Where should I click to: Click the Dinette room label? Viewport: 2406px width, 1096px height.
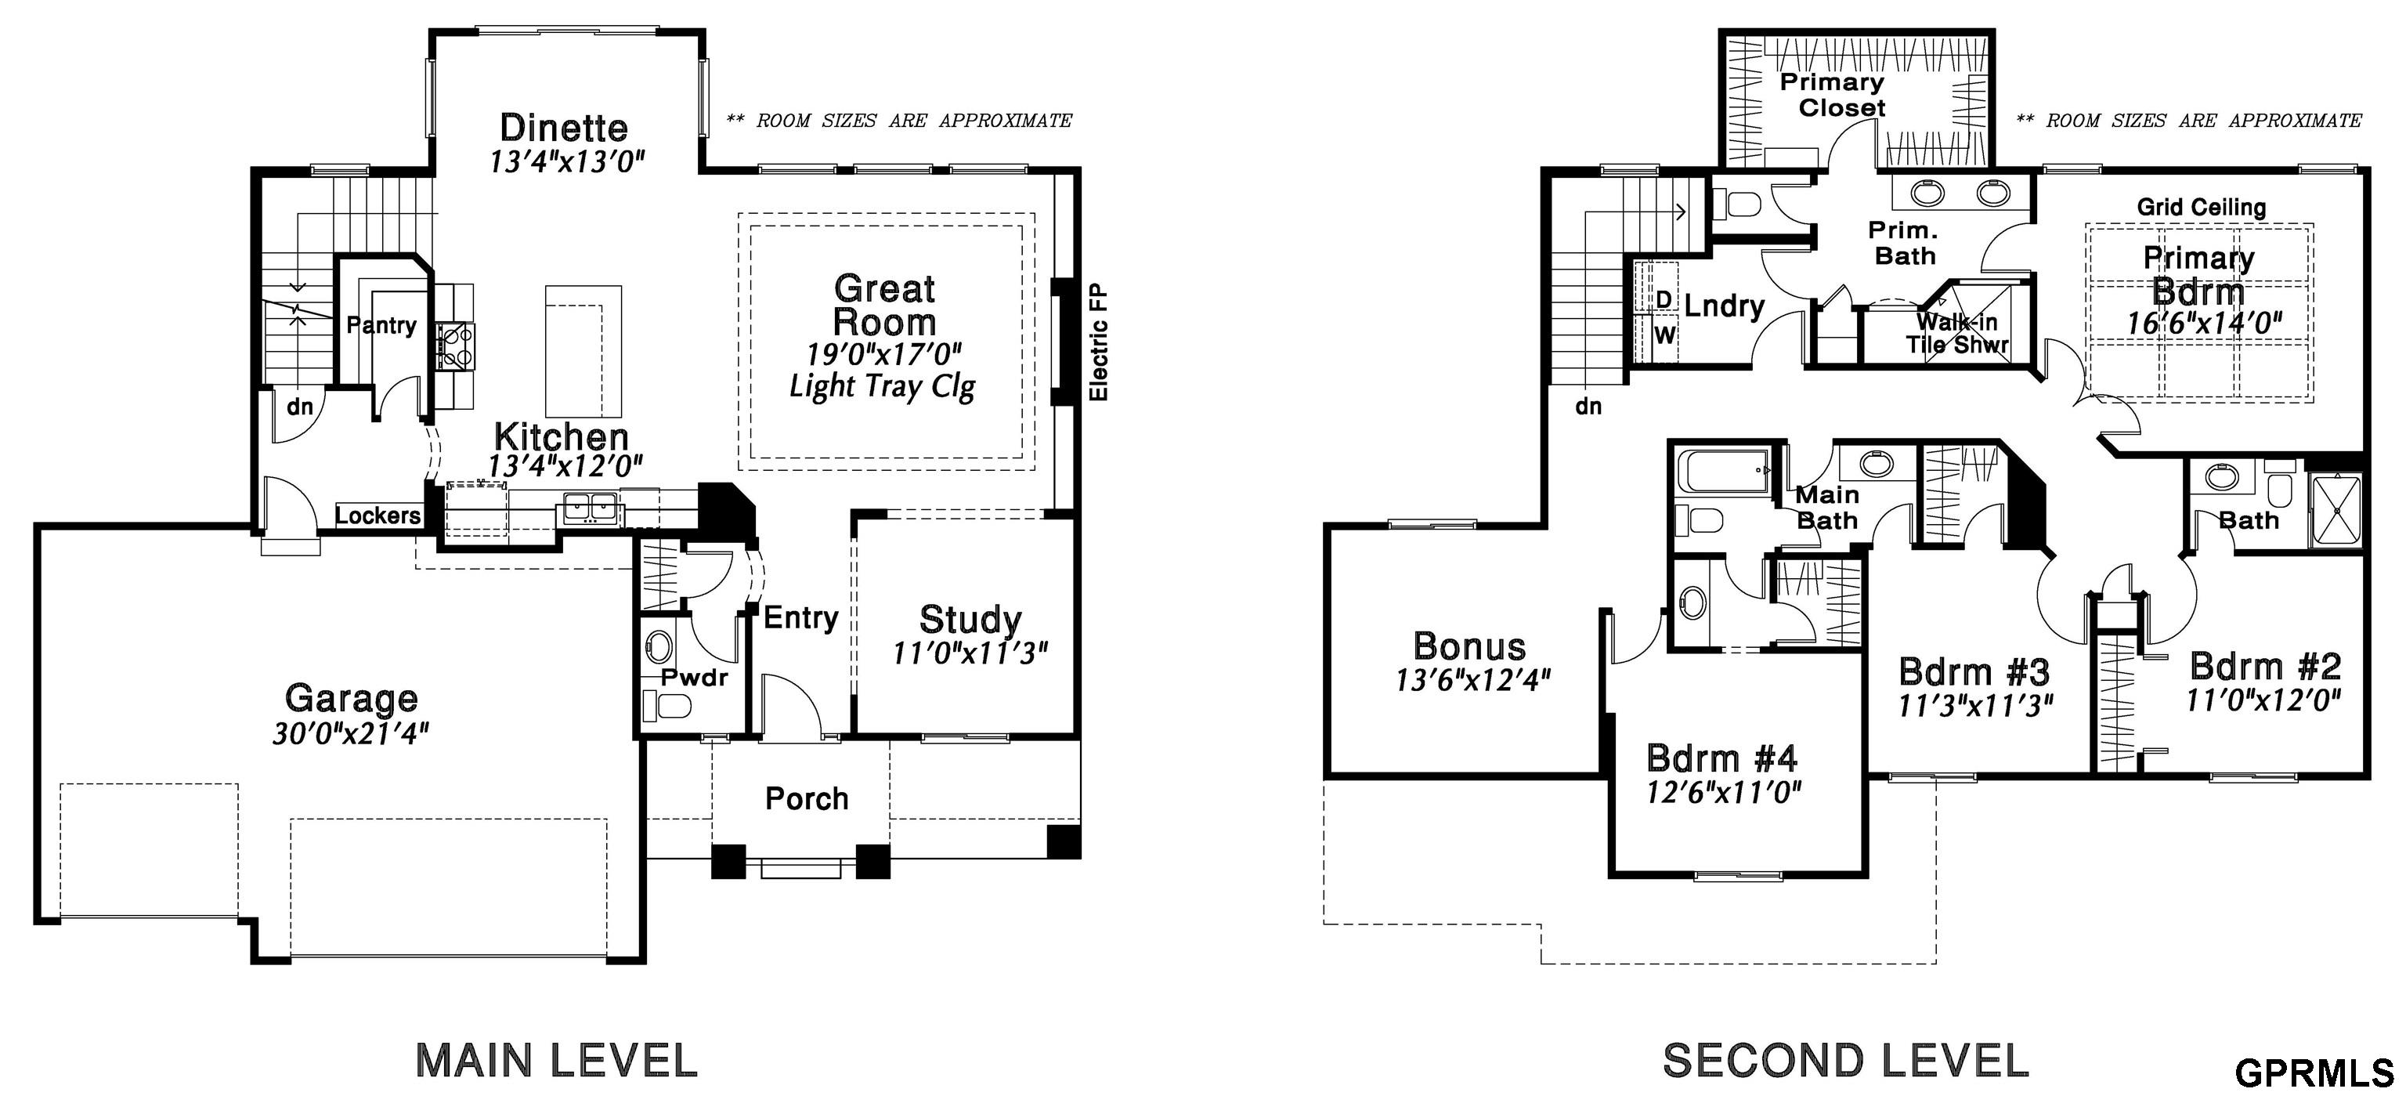coord(563,127)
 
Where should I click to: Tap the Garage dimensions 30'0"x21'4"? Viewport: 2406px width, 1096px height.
coord(350,734)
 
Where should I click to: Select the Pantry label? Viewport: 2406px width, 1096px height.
coord(381,325)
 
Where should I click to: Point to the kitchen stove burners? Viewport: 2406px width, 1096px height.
coord(454,343)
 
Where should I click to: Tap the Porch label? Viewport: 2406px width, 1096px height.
coord(807,799)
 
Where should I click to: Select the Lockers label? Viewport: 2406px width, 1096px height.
coord(378,515)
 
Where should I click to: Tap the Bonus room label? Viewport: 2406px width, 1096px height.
coord(1470,646)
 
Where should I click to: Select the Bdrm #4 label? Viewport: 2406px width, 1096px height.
coord(1722,757)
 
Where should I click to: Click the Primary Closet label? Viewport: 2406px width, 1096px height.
coord(1832,94)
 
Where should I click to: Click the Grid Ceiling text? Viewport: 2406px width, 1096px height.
coord(2202,208)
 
